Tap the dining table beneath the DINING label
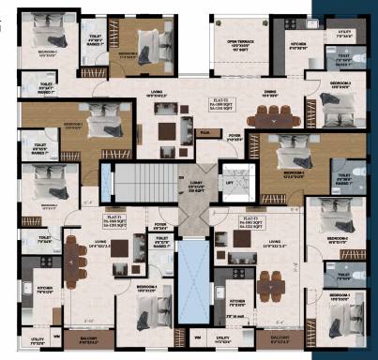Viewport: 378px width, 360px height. [272, 116]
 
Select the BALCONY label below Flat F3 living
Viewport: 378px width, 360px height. [280, 337]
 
